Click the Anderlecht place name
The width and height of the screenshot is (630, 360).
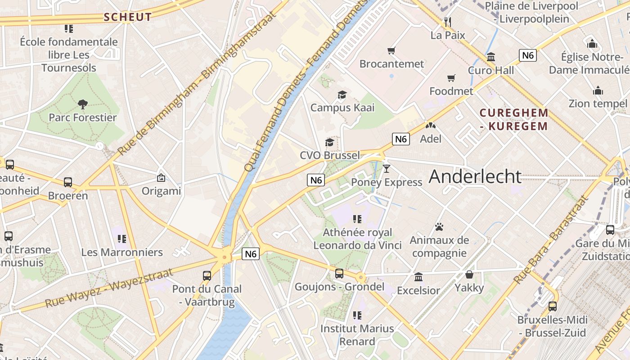[x=475, y=176]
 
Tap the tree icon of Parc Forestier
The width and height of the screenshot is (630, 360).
[x=82, y=104]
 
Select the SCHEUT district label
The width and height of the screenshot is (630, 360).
[x=128, y=18]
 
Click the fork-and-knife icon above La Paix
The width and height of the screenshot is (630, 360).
[x=447, y=22]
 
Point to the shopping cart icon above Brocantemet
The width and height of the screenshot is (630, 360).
[x=391, y=50]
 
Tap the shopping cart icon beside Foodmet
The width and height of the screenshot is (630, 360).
[x=451, y=78]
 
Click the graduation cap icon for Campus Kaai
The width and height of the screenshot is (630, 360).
[x=342, y=94]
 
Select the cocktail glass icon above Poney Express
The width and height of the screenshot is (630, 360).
[x=386, y=169]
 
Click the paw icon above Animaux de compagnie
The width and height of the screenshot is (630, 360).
[x=439, y=227]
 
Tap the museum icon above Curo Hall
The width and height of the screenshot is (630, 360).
[x=491, y=57]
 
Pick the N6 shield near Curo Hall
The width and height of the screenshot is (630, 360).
[x=527, y=55]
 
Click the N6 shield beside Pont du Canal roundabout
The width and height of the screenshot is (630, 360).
[x=251, y=254]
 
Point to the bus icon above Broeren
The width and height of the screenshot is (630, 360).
[x=68, y=182]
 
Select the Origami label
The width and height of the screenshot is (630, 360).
[x=161, y=191]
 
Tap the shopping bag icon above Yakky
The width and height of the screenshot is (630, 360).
[x=469, y=274]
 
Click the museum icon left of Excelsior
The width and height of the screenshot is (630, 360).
[x=418, y=277]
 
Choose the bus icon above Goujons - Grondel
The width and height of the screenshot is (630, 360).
[x=339, y=273]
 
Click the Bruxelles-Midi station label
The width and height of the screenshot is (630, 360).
[x=552, y=326]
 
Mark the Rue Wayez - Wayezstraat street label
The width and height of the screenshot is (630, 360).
[x=109, y=288]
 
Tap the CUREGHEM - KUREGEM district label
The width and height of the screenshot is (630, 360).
[x=514, y=119]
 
